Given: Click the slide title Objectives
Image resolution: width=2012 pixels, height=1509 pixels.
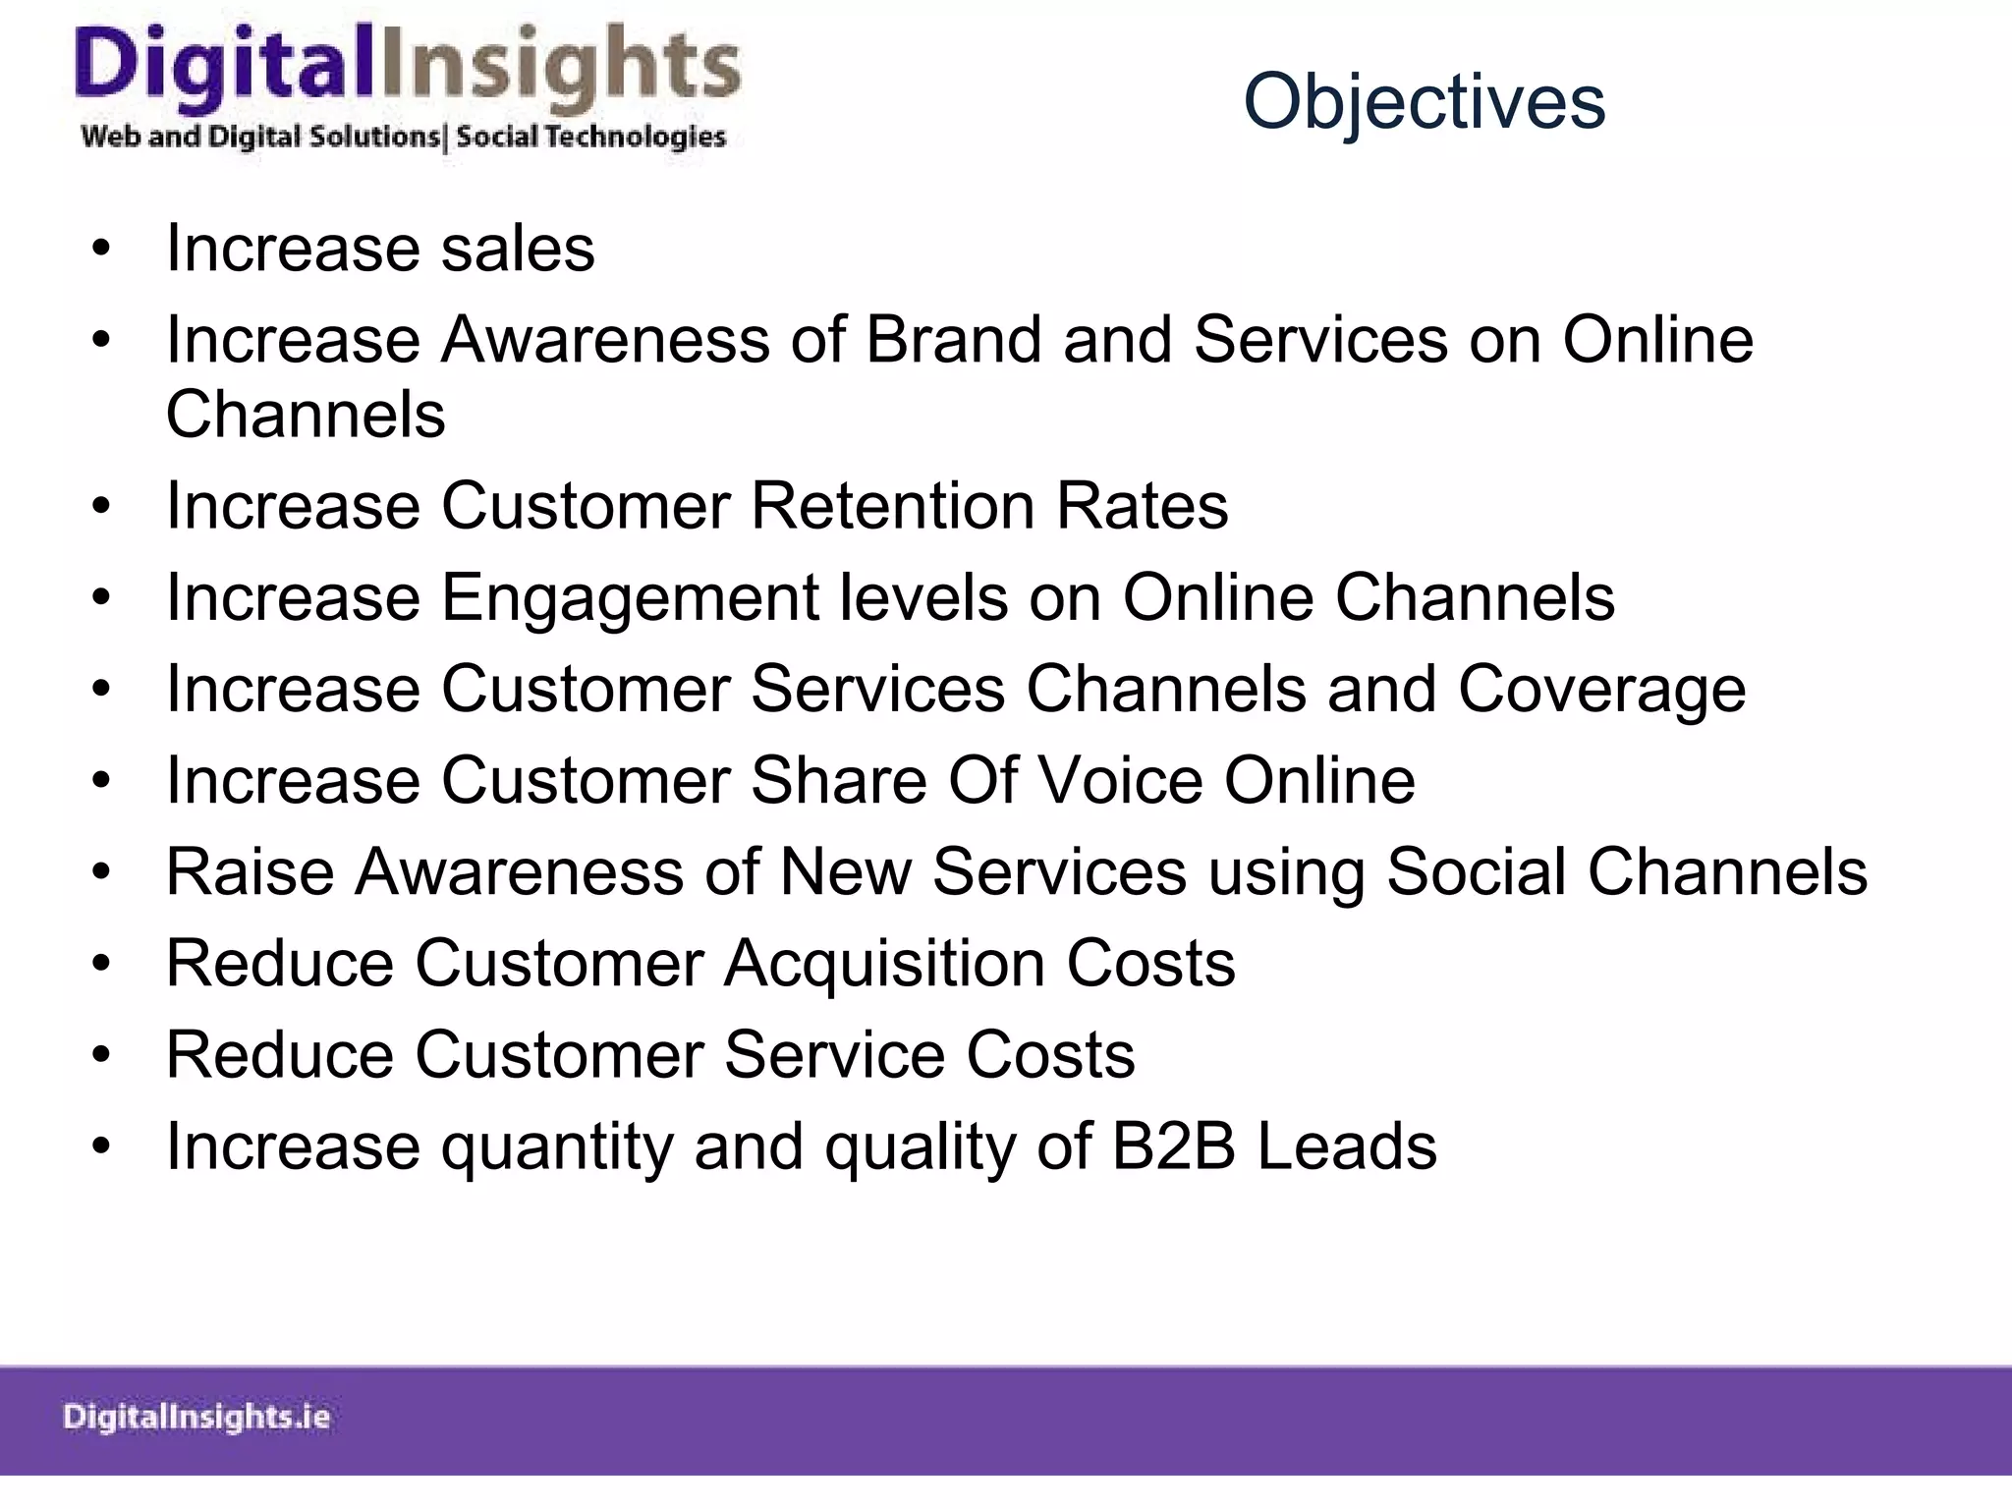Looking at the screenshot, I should [x=1424, y=102].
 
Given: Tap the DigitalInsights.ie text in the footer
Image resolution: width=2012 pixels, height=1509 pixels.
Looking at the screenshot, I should [x=196, y=1417].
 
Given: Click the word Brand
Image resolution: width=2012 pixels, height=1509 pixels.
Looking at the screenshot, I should [x=953, y=340].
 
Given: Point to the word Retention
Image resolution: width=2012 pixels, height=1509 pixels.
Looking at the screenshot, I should [x=892, y=506].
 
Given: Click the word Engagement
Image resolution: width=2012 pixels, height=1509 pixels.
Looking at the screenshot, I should [x=629, y=597].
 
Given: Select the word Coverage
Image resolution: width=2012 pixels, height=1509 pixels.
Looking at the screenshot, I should [x=1601, y=689].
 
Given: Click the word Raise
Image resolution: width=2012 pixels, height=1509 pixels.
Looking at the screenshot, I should [x=250, y=871].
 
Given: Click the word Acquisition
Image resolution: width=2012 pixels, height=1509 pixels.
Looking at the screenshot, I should [x=884, y=963].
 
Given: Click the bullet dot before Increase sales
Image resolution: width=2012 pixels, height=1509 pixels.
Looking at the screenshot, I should [x=101, y=250].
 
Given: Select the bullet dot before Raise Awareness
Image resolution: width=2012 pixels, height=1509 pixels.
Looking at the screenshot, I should [x=101, y=873].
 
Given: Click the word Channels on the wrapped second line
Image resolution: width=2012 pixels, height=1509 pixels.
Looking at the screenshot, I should [x=306, y=415].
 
